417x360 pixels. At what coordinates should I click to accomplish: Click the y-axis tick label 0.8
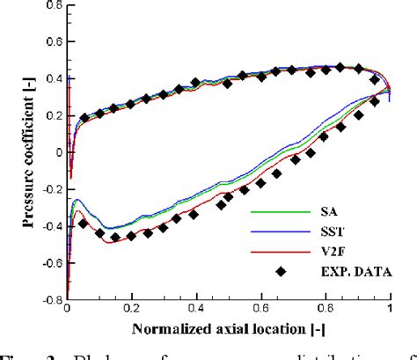pos(50,4)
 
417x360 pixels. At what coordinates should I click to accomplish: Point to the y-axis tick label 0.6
pos(50,40)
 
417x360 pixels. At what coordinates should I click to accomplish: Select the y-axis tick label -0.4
pos(48,225)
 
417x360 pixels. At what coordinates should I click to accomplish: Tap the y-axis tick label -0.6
pos(48,262)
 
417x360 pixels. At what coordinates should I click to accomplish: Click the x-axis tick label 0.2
pos(132,310)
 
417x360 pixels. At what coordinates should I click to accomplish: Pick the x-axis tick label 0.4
pos(196,310)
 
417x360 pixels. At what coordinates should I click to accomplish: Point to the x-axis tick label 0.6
pos(260,310)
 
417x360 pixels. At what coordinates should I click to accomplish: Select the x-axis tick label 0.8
pos(325,310)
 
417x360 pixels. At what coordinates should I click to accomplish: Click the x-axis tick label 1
pos(389,310)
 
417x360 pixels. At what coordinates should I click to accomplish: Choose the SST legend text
pos(327,231)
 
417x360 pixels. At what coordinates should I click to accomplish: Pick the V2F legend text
pos(327,251)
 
